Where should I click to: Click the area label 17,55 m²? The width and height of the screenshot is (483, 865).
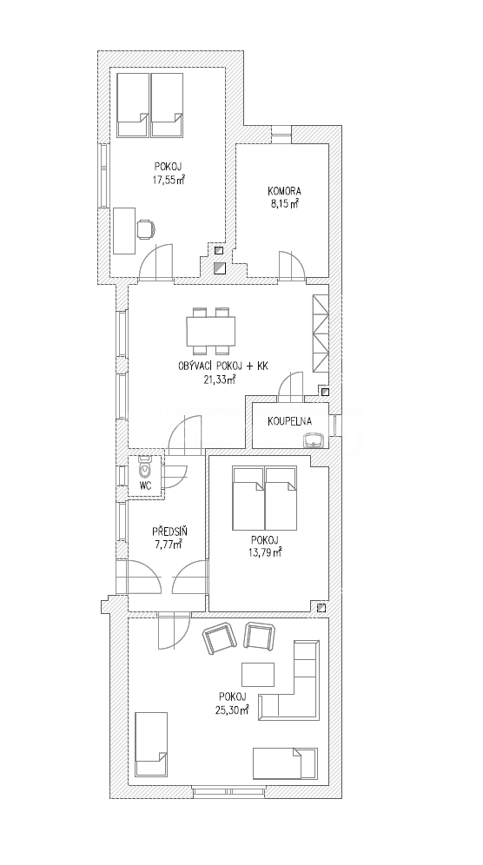(x=169, y=180)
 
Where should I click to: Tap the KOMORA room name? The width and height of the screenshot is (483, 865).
(x=283, y=193)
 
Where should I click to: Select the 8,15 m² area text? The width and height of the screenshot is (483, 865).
(x=284, y=206)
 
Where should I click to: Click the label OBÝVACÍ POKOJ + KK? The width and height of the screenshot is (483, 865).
(x=222, y=367)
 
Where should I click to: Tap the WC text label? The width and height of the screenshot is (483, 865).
(x=144, y=486)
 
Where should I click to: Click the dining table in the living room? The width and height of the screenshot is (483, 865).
(x=210, y=331)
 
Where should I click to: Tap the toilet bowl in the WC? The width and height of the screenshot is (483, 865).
(x=144, y=469)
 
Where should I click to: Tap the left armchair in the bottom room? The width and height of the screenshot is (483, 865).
(x=221, y=640)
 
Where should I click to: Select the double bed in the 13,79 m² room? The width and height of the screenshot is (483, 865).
(x=264, y=502)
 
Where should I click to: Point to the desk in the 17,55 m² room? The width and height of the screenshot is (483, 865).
(x=124, y=230)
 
